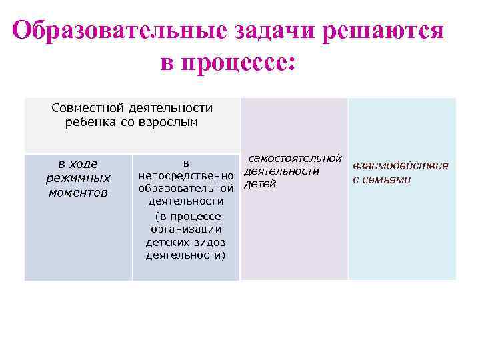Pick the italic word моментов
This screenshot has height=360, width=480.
tap(78, 192)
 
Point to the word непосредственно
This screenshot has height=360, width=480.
tap(186, 176)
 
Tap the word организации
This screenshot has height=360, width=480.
tap(186, 229)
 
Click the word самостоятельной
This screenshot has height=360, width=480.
tap(295, 158)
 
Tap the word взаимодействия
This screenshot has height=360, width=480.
tap(400, 165)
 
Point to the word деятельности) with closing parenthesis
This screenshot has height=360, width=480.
tap(186, 256)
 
